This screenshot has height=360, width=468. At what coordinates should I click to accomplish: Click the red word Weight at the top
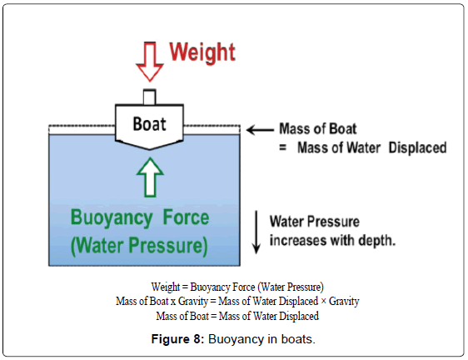pyautogui.click(x=202, y=52)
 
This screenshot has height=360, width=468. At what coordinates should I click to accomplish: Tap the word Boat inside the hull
pyautogui.click(x=150, y=124)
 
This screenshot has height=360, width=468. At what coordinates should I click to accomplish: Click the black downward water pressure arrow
pyautogui.click(x=256, y=232)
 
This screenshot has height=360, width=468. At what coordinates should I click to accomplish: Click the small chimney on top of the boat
pyautogui.click(x=150, y=96)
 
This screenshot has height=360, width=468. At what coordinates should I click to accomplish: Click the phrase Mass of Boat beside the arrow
pyautogui.click(x=317, y=129)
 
